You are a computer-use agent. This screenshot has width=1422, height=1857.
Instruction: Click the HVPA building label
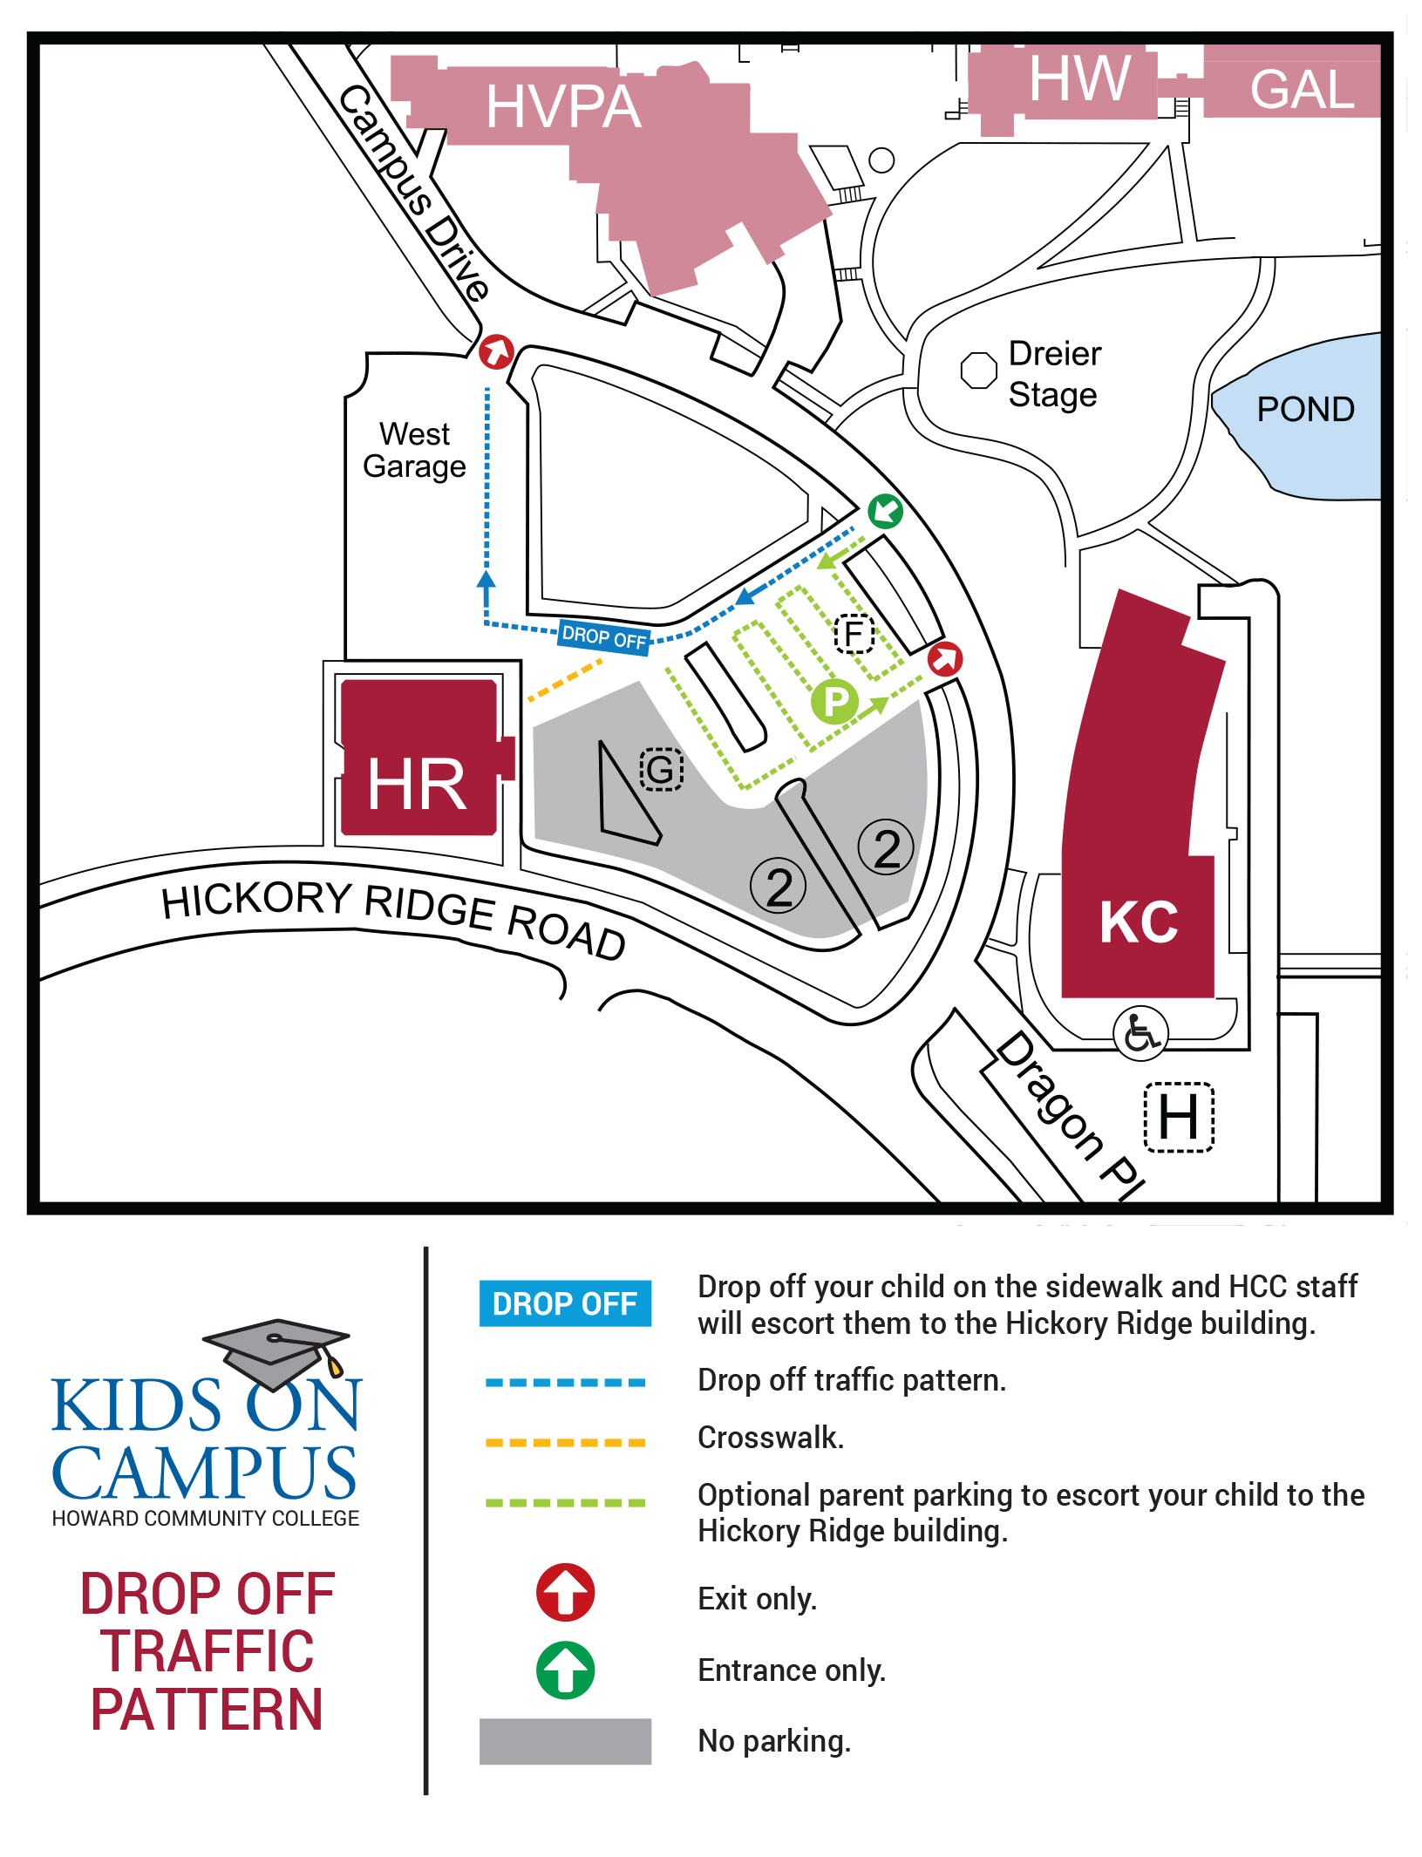click(563, 107)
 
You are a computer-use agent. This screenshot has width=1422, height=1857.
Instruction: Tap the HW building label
click(1079, 79)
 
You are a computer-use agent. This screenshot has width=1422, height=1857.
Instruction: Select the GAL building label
click(1302, 90)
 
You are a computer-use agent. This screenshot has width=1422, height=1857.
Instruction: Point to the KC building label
click(1139, 922)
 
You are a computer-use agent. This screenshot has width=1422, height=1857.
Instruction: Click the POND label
click(1305, 409)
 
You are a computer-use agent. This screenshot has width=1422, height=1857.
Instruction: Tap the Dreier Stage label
click(1054, 374)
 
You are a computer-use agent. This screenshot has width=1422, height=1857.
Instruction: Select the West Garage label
click(414, 450)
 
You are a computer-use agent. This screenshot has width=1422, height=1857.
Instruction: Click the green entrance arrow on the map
click(886, 510)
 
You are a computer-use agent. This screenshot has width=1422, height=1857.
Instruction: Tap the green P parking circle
click(834, 702)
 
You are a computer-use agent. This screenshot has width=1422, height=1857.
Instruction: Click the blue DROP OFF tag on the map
click(604, 636)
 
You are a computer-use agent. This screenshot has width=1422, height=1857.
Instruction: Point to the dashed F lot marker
click(854, 634)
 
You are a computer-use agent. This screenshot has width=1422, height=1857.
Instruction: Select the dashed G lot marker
click(661, 770)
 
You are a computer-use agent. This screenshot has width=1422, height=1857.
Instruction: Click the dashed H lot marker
click(1178, 1117)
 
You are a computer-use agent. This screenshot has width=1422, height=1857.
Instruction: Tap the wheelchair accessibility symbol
click(1140, 1033)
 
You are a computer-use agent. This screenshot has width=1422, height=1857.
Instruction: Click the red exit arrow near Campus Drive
click(496, 351)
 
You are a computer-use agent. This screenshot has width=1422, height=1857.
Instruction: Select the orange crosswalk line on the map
click(565, 681)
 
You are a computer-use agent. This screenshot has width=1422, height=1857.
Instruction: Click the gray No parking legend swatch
click(565, 1741)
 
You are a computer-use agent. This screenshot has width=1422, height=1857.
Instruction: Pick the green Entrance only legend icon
click(565, 1670)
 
